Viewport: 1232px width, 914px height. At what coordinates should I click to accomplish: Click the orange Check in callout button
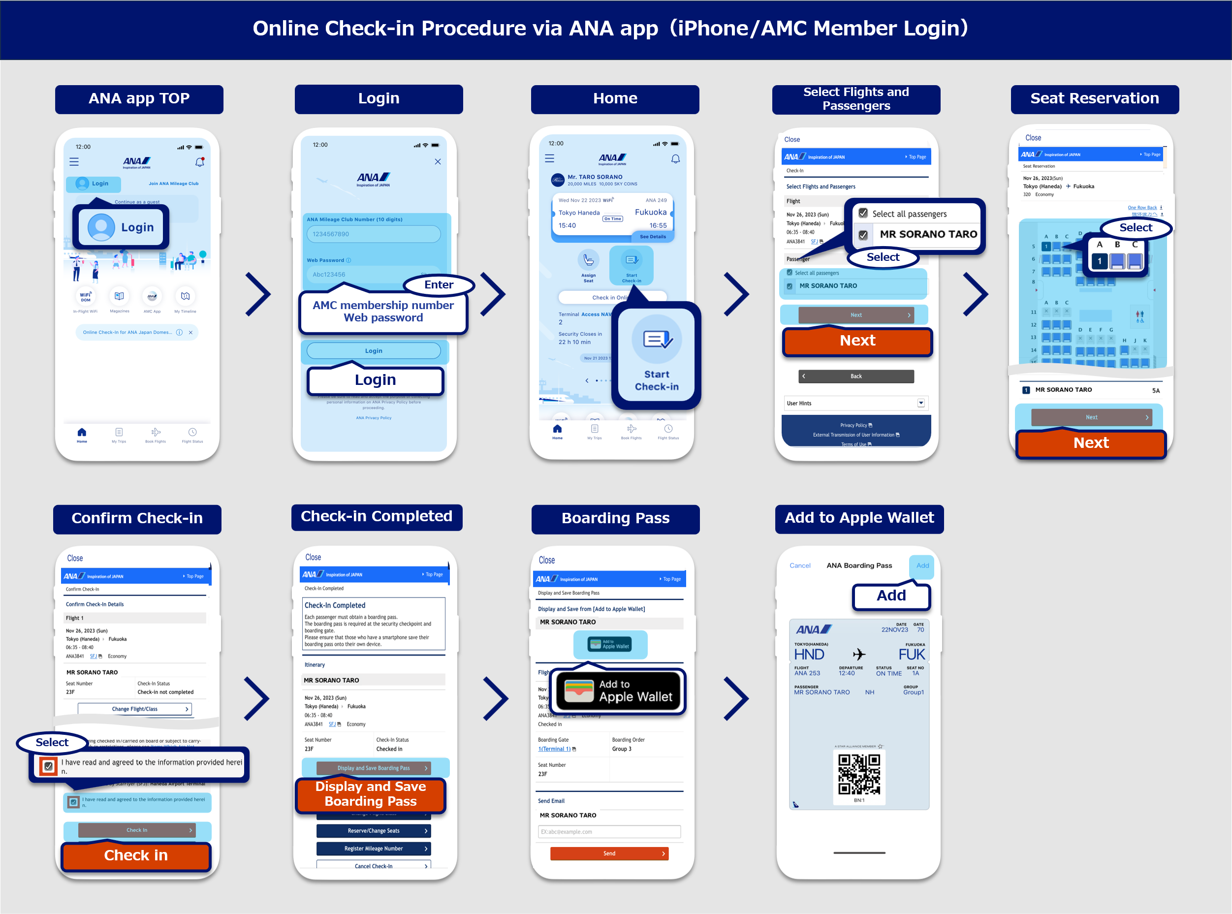coord(135,855)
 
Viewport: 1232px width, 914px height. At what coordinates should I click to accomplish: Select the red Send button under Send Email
coord(609,853)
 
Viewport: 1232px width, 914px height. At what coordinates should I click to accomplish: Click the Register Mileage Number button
coord(374,849)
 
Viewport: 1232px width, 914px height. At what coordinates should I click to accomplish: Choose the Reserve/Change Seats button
coord(374,831)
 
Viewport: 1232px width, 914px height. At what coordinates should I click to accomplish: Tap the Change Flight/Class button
coord(135,709)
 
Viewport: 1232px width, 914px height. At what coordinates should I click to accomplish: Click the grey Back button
coord(856,376)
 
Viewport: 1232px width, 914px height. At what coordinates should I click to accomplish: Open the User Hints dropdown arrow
coord(920,403)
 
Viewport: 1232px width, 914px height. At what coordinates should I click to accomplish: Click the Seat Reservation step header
coord(1094,98)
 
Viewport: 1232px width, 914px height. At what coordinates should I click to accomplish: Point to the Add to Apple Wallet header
coord(859,518)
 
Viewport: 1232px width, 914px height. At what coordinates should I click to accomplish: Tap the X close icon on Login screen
coord(438,161)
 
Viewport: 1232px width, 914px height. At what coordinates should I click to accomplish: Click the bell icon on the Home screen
coord(675,159)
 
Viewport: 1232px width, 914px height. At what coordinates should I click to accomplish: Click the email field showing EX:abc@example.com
coord(609,832)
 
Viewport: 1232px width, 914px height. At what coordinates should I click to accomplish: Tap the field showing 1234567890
coord(374,234)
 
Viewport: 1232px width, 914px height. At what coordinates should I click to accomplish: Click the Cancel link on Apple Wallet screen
coord(800,566)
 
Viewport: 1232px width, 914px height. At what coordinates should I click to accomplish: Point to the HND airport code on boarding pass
coord(809,655)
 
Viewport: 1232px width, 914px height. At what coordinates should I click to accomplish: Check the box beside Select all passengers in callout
coord(862,213)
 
